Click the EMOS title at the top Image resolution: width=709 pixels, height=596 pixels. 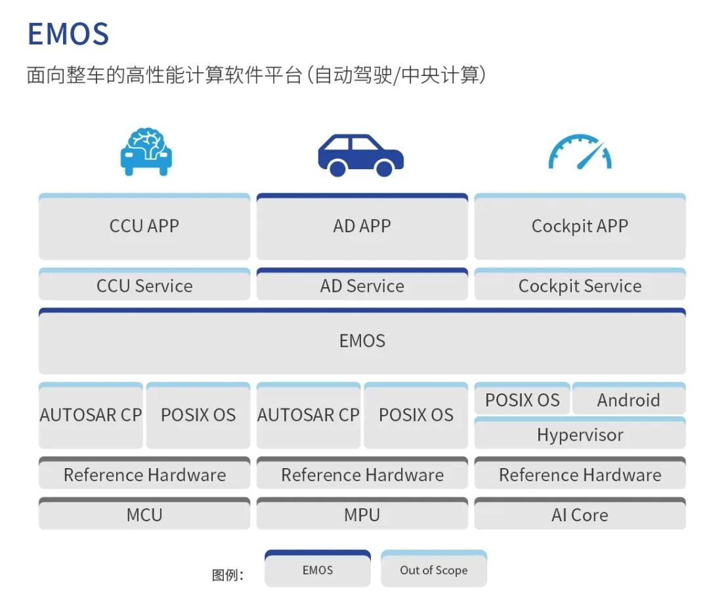pos(68,34)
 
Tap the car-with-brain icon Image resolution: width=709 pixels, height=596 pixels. pos(146,152)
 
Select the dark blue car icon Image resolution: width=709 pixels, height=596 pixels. pos(361,155)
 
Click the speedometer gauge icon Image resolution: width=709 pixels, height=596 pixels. pos(580,152)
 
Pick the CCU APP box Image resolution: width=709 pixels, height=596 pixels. pos(144,227)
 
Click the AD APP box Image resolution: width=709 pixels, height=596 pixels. pos(362,227)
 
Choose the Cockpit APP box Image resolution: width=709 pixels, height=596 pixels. pos(580,227)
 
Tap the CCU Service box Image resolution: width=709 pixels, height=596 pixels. pos(144,286)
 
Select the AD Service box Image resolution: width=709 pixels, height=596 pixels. pos(362,286)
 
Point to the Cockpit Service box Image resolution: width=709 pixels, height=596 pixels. pos(580,286)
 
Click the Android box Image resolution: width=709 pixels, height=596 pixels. pos(628,400)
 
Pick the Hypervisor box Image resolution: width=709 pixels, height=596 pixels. pos(580,435)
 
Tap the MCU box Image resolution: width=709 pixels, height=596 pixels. pos(144,515)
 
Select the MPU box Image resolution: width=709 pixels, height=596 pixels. pos(362,515)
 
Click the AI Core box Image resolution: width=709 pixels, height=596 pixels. pos(580,515)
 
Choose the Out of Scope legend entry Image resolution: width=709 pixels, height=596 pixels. pos(434,570)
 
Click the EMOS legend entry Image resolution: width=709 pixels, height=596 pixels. pos(318,570)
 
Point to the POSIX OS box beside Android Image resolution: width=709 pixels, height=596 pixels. pos(523,400)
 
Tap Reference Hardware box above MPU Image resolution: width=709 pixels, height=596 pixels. pos(362,475)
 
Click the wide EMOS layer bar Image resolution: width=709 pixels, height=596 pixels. pos(362,341)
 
